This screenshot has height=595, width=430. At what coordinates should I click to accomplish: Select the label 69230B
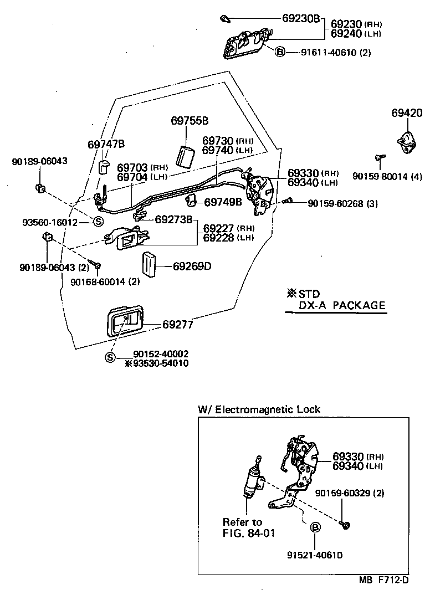point(301,18)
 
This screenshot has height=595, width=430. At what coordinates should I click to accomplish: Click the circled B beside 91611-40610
point(280,52)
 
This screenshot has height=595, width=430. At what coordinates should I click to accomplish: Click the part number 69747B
point(106,145)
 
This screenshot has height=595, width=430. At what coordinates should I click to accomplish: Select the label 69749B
point(223,202)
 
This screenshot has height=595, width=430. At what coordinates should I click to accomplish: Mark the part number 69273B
point(173,219)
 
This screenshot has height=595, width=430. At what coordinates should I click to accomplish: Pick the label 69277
point(177,325)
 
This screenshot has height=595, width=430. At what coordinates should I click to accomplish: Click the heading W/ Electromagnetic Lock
point(259,409)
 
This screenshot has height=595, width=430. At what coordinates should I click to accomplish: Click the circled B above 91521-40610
point(315,527)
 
